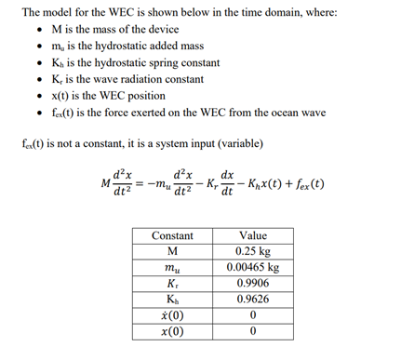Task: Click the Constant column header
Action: coord(172,236)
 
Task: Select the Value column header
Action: coord(253,236)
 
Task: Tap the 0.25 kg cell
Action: coord(253,252)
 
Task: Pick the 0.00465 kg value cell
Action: coord(253,268)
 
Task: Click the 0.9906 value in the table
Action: coord(253,284)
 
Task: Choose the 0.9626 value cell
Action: coord(253,300)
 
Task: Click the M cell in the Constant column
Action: coord(172,252)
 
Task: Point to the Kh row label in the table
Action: coord(172,300)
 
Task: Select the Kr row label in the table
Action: coord(172,284)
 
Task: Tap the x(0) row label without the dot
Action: coord(172,331)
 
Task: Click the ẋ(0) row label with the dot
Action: coord(172,315)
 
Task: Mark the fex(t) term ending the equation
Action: coord(304,184)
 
